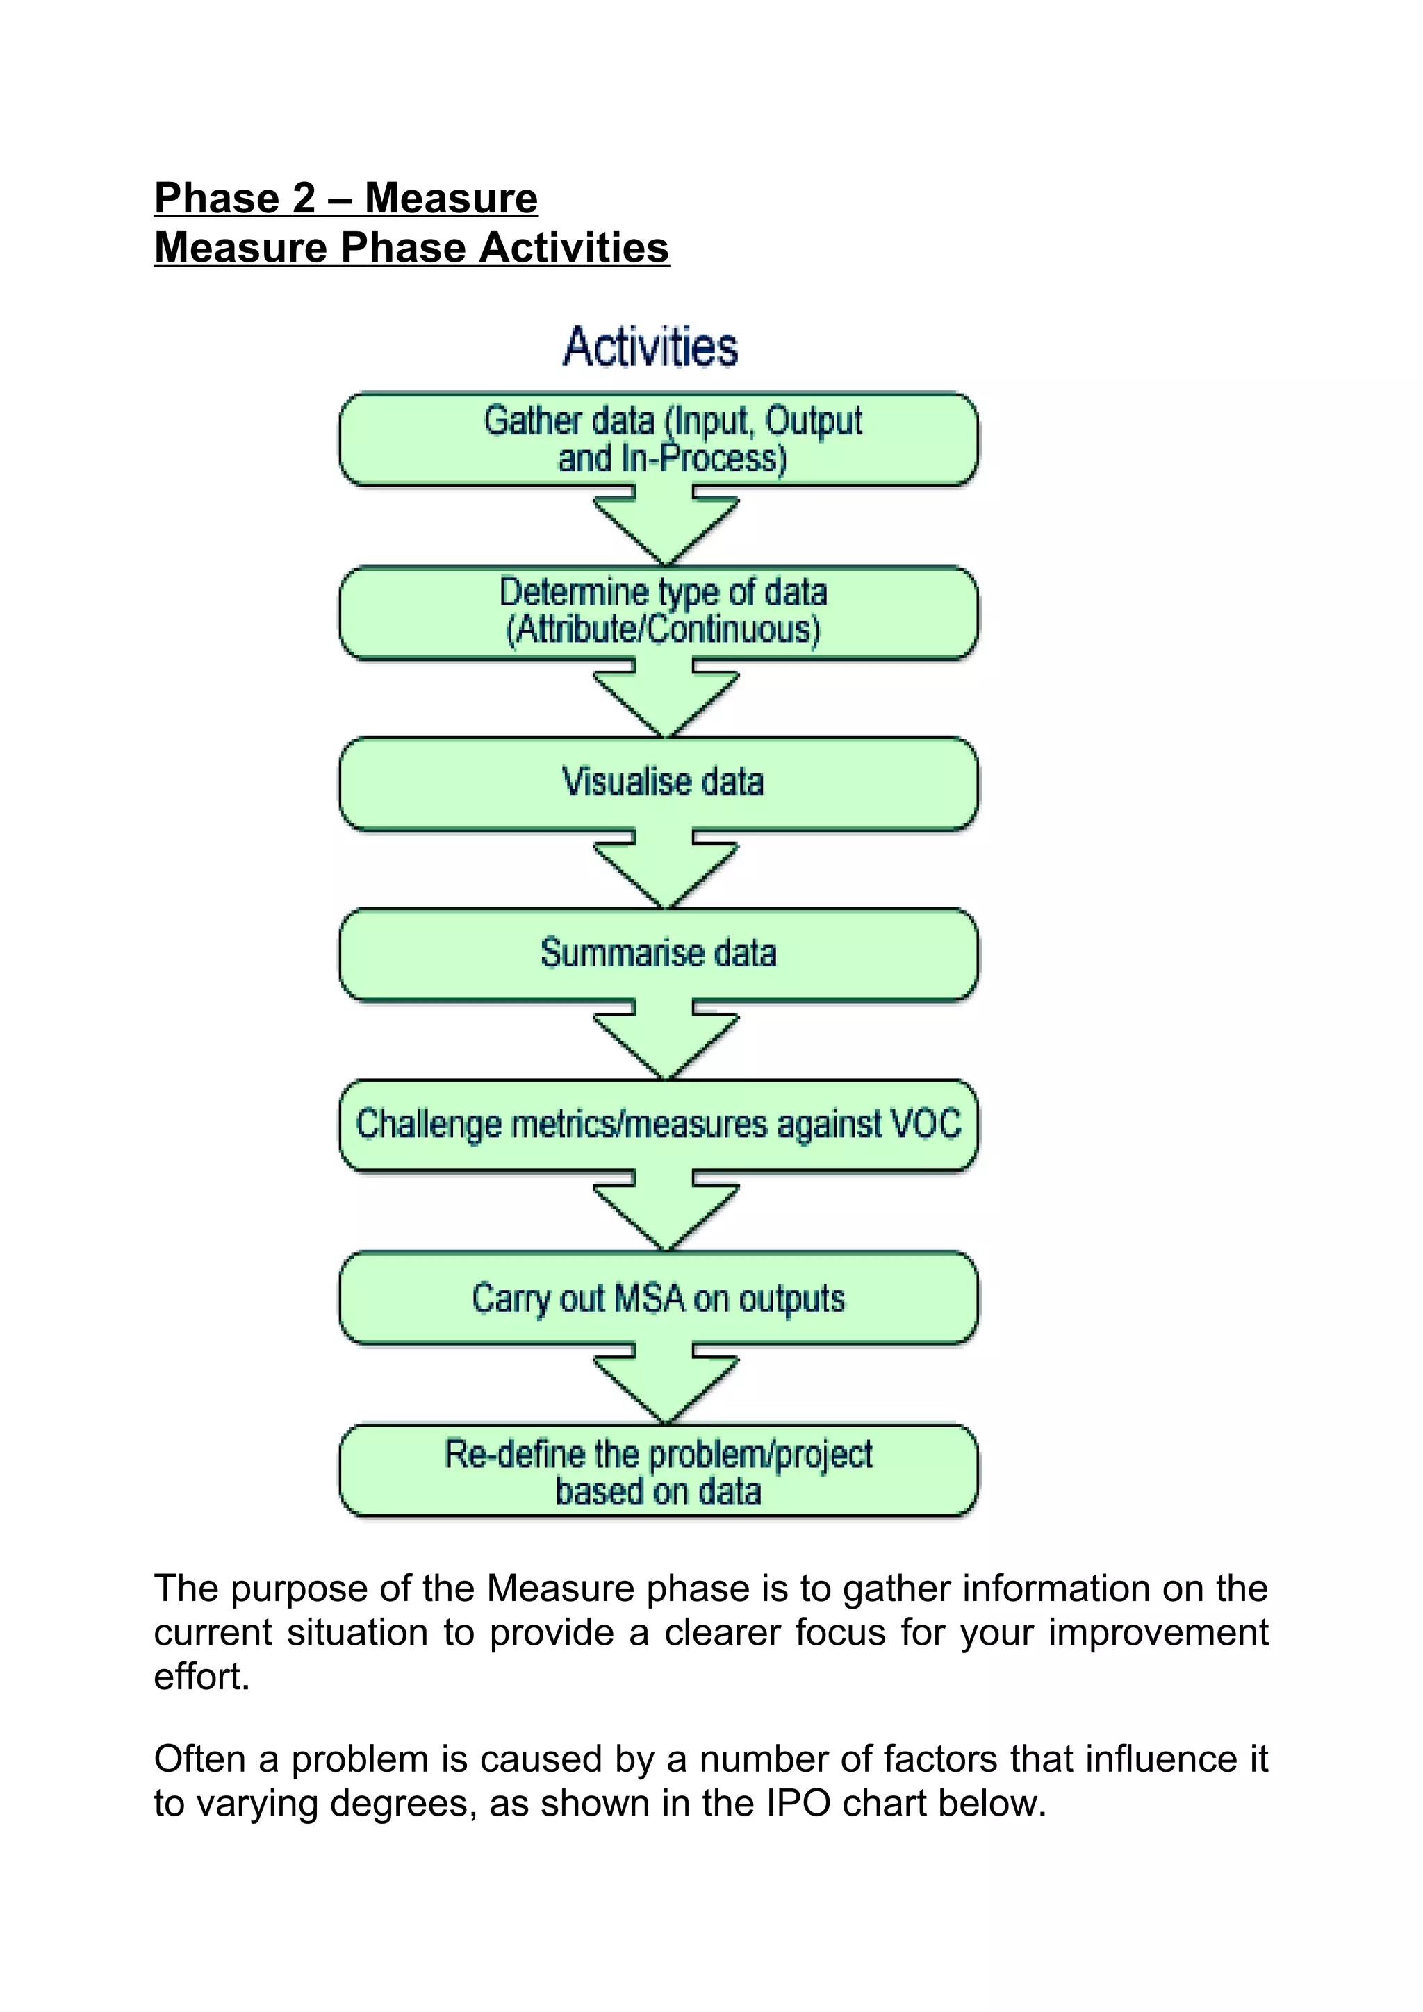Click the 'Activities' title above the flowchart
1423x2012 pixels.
(650, 346)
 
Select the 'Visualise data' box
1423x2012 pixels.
(659, 782)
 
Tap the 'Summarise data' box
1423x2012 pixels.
(659, 953)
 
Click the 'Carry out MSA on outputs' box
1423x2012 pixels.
(659, 1299)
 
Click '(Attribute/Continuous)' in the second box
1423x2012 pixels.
(663, 630)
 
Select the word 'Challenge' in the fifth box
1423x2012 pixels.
(428, 1125)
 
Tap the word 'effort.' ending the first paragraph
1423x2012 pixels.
(201, 1677)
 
